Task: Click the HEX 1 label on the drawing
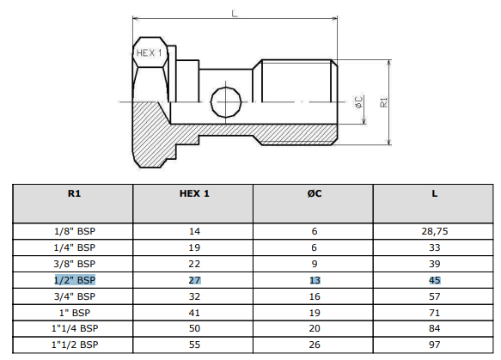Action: [x=149, y=53]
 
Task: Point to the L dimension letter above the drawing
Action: [x=235, y=14]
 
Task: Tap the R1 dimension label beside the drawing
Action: [x=383, y=102]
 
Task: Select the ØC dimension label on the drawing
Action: [x=359, y=102]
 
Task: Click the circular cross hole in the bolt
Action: [x=226, y=102]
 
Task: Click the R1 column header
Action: [x=74, y=193]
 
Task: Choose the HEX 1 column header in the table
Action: [x=194, y=193]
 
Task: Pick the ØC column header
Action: [x=315, y=193]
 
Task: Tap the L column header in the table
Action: [x=435, y=193]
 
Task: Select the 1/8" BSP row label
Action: [x=75, y=231]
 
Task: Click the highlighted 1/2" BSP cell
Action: [x=75, y=280]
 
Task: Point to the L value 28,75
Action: [x=435, y=231]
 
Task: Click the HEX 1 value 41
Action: [x=194, y=313]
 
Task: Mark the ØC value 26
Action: [x=315, y=345]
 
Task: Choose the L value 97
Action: [x=435, y=345]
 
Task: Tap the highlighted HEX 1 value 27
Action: [x=194, y=280]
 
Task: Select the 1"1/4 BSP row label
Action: [x=75, y=328]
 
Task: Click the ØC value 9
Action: [x=315, y=264]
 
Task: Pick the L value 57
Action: [x=435, y=296]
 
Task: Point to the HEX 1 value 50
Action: [x=194, y=328]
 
